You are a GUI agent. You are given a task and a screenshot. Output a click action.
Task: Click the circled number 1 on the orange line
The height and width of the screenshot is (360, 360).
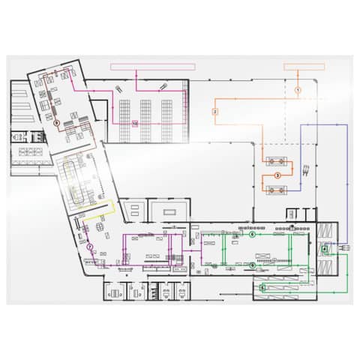pyautogui.click(x=298, y=89)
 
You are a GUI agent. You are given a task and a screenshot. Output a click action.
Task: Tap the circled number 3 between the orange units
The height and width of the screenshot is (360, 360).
pyautogui.click(x=277, y=174)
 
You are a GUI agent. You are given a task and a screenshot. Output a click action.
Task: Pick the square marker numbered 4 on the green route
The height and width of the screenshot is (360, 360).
pyautogui.click(x=325, y=249)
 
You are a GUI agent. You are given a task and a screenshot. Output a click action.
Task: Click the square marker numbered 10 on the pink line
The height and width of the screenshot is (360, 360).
pyautogui.click(x=134, y=122)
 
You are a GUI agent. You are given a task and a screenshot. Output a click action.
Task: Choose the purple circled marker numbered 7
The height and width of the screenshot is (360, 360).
pyautogui.click(x=89, y=246)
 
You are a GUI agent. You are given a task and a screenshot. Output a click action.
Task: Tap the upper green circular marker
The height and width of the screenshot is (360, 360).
pyautogui.click(x=252, y=234)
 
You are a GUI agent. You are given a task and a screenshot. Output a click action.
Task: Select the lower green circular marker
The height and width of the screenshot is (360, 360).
pyautogui.click(x=252, y=265)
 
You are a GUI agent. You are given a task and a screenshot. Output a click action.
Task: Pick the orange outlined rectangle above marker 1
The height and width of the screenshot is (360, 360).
pyautogui.click(x=304, y=66)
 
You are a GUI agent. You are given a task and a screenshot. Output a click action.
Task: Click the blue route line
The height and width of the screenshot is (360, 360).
pyautogui.click(x=347, y=172)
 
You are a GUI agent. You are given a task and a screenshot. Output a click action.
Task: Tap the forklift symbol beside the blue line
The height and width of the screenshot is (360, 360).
pyautogui.click(x=305, y=169)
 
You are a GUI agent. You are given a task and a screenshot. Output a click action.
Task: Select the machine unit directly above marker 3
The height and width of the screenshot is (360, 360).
pyautogui.click(x=275, y=160)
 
